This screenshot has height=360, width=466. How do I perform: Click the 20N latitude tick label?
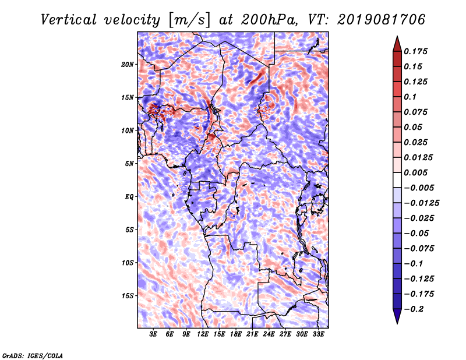(x=127, y=65)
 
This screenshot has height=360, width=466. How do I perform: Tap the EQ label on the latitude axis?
(x=129, y=197)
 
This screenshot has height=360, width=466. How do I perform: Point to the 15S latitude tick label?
(x=128, y=296)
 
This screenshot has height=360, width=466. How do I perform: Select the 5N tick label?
(x=129, y=164)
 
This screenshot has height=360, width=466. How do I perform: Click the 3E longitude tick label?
(x=153, y=334)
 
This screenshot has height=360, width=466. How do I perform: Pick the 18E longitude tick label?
(x=236, y=334)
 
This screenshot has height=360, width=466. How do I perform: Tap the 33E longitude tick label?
(x=318, y=334)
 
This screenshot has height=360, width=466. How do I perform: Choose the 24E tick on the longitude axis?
(x=269, y=334)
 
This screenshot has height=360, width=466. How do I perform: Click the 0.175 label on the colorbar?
(x=415, y=51)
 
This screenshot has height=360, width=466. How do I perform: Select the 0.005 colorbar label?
(x=415, y=172)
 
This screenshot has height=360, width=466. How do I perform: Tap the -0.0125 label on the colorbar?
(x=421, y=203)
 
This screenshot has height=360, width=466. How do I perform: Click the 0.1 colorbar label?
(x=410, y=97)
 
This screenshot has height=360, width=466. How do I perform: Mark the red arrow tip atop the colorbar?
(x=397, y=36)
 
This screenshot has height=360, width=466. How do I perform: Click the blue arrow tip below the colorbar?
(x=397, y=323)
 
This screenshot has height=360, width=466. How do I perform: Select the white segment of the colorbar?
(x=397, y=180)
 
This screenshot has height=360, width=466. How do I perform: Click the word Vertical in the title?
(x=69, y=20)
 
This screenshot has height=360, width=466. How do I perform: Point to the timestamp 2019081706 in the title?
(x=382, y=20)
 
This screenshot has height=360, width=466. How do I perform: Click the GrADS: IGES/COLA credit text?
(x=33, y=356)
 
